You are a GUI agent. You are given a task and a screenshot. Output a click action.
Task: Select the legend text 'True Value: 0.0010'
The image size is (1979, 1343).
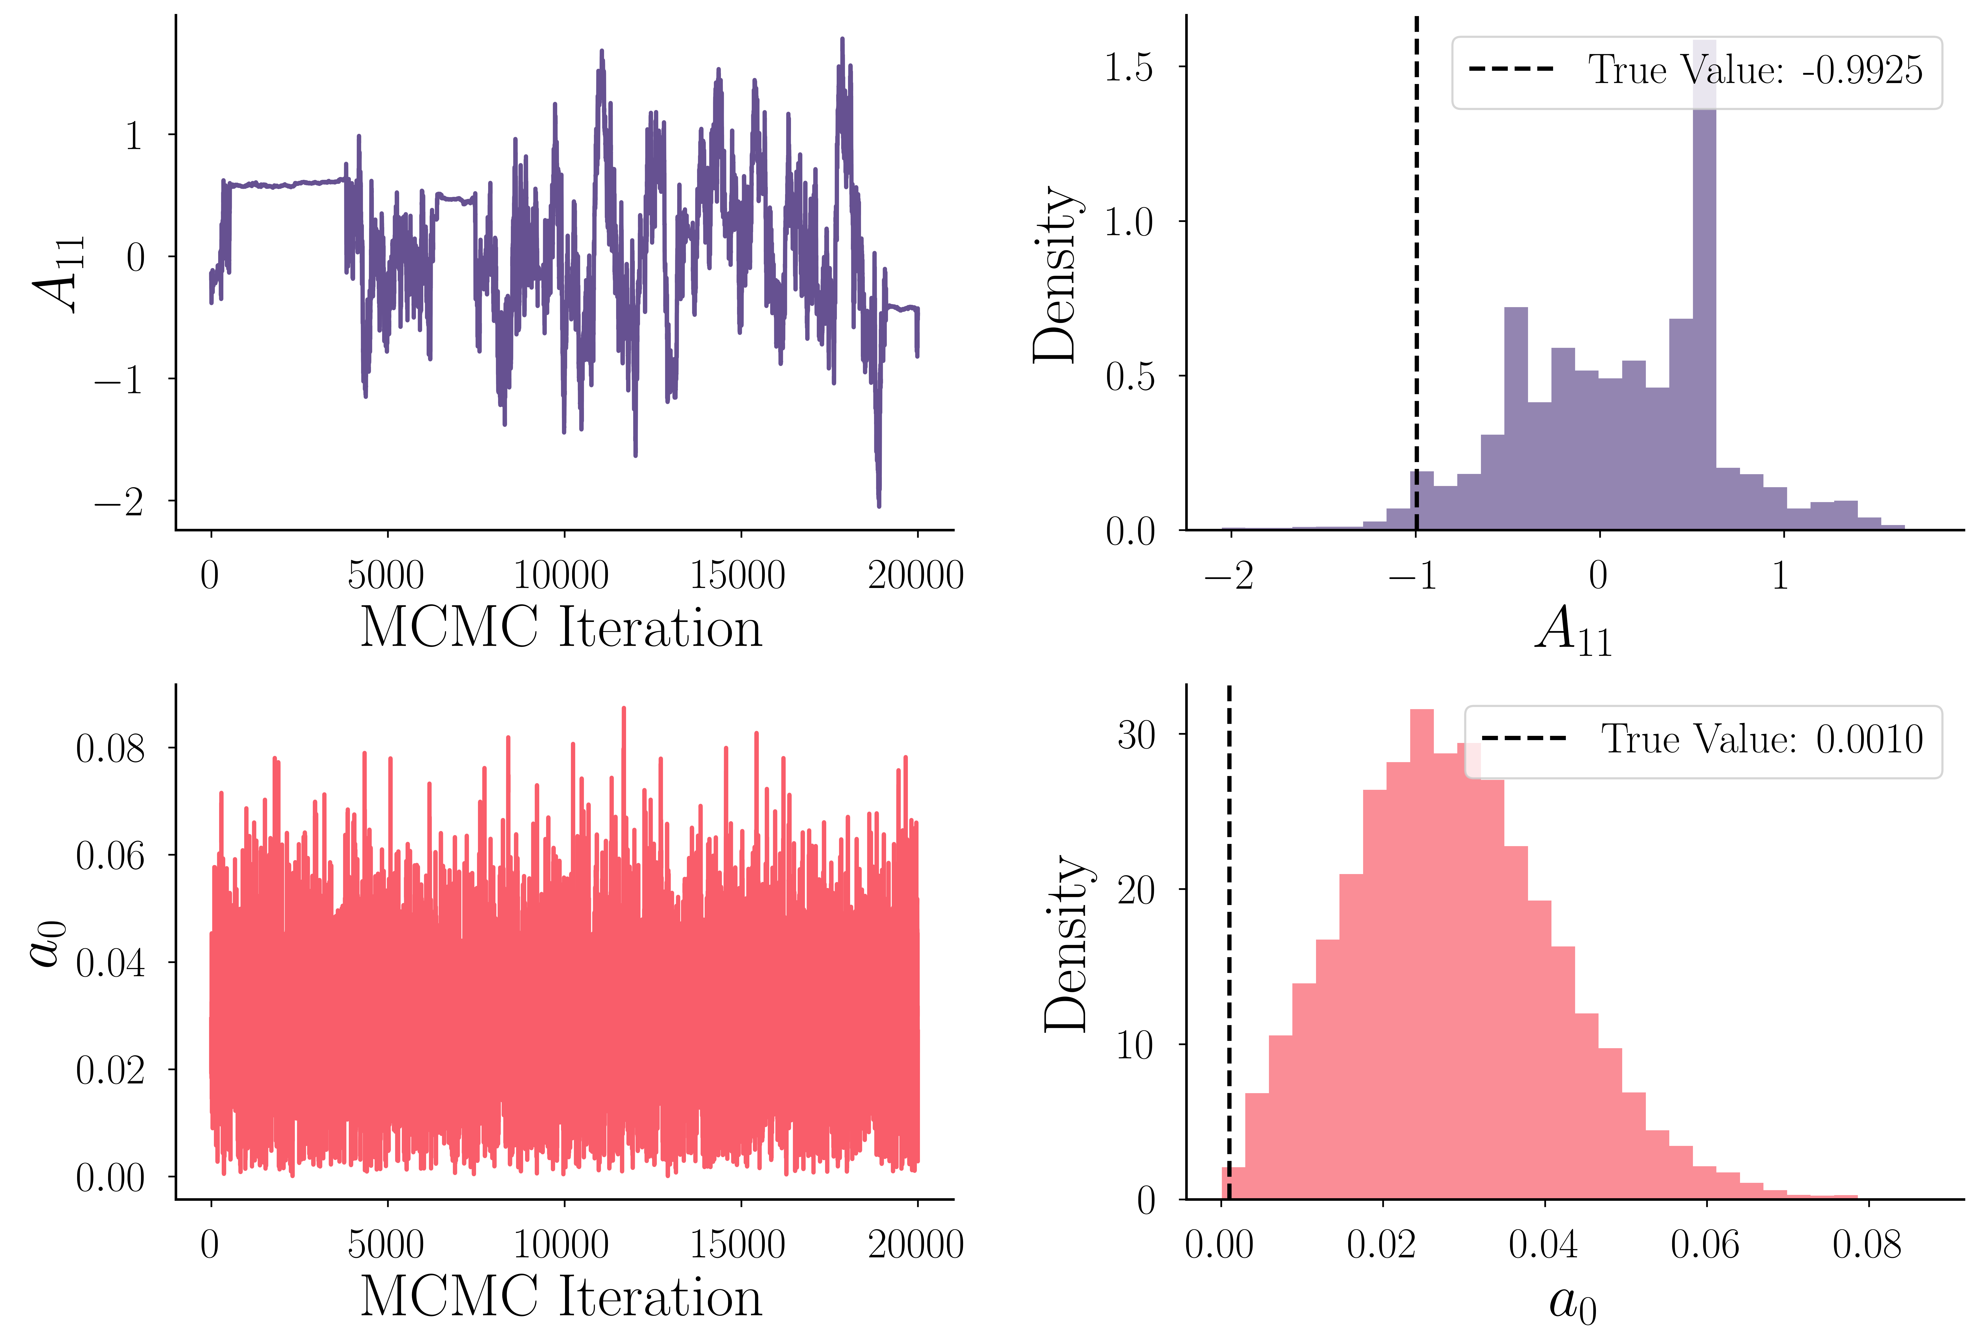click(x=1761, y=739)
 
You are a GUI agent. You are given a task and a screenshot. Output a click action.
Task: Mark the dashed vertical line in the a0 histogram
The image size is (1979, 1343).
click(x=1229, y=937)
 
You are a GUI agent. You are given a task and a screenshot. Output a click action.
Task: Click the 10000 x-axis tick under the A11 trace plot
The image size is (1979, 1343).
click(x=561, y=576)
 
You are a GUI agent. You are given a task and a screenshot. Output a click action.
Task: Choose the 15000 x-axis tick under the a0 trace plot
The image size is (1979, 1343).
click(x=738, y=1245)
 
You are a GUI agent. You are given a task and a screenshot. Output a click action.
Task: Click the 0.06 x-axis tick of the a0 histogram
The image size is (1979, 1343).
click(x=1705, y=1245)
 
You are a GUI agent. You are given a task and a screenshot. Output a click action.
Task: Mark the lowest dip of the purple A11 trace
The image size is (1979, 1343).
click(x=879, y=505)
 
